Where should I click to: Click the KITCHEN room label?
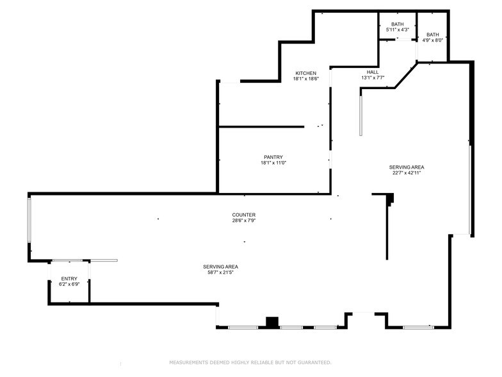[305, 73]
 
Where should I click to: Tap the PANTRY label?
[273, 157]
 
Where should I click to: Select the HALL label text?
[373, 72]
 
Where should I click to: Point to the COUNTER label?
[244, 215]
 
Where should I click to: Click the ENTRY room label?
[69, 278]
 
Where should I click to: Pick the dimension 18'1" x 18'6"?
[305, 79]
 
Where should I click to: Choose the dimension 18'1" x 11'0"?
[273, 163]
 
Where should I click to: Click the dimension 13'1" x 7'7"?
[373, 78]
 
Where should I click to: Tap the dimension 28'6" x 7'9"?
[244, 221]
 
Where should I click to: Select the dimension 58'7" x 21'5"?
[221, 272]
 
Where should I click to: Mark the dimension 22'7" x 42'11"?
[407, 172]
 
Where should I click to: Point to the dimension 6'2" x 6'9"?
[69, 284]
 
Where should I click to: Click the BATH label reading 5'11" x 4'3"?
[398, 24]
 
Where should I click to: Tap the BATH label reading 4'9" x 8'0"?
[433, 35]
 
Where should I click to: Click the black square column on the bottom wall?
[273, 323]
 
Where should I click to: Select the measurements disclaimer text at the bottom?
[250, 362]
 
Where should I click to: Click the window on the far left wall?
[29, 219]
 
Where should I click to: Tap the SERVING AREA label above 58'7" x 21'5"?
[221, 266]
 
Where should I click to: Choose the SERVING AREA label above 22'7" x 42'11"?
[407, 167]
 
